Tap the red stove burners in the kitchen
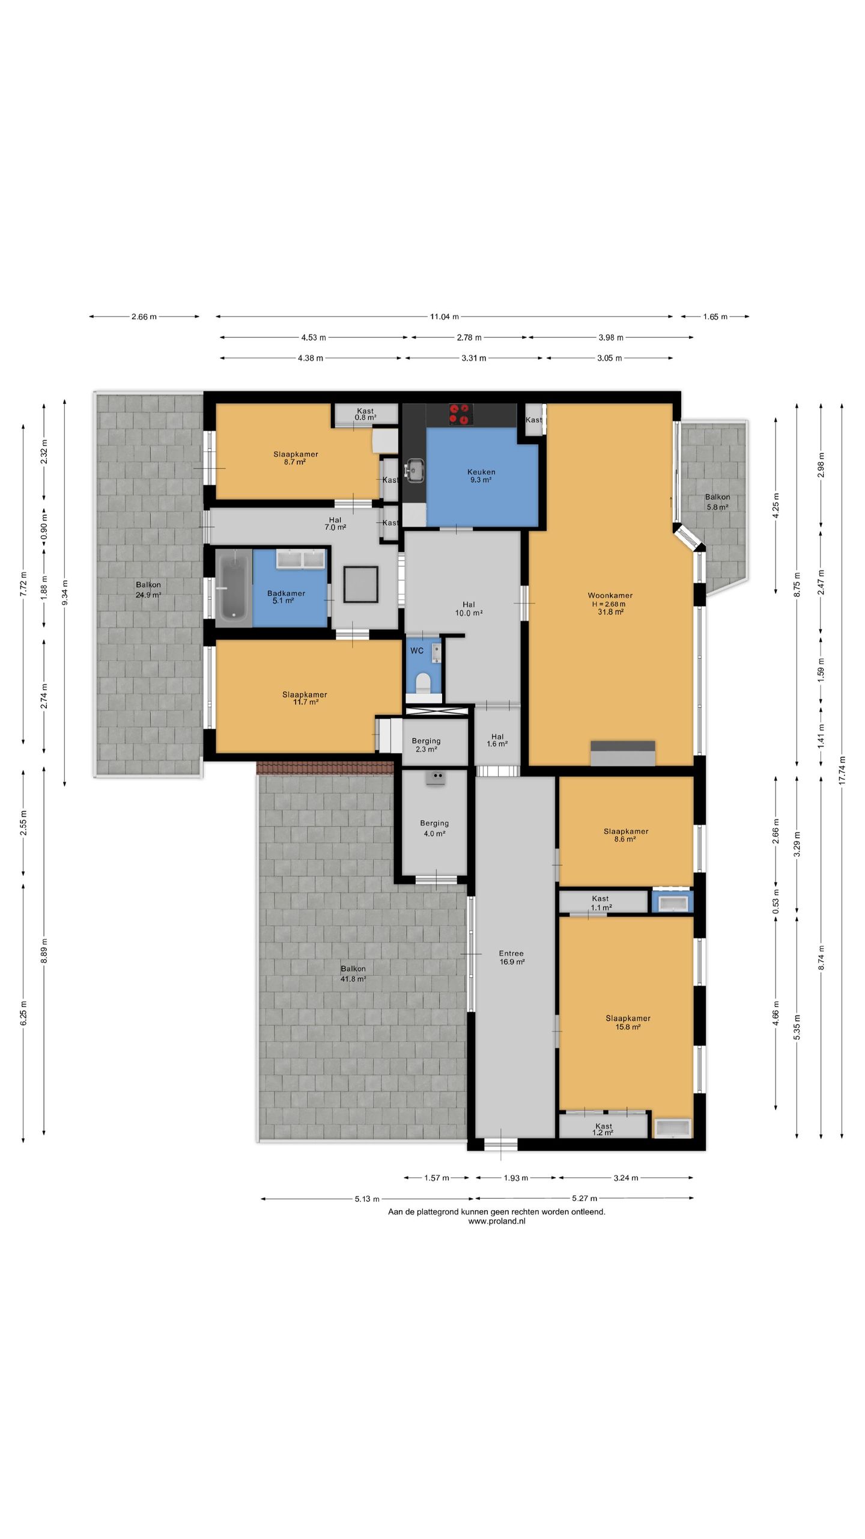(460, 414)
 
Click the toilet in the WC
(423, 682)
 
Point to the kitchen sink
(414, 470)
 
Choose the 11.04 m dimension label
(444, 317)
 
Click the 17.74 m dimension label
(842, 770)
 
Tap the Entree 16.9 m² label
(512, 957)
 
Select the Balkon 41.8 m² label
(353, 973)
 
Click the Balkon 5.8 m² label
(717, 502)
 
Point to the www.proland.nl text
(497, 1221)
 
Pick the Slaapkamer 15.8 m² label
(628, 1023)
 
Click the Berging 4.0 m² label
(434, 828)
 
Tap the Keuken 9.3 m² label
(481, 476)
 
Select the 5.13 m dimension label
(367, 1199)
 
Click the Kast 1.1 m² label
(601, 903)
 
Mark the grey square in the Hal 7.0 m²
(361, 584)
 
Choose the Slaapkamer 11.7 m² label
(305, 698)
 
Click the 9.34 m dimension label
(65, 592)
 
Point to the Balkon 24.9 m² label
(148, 590)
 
